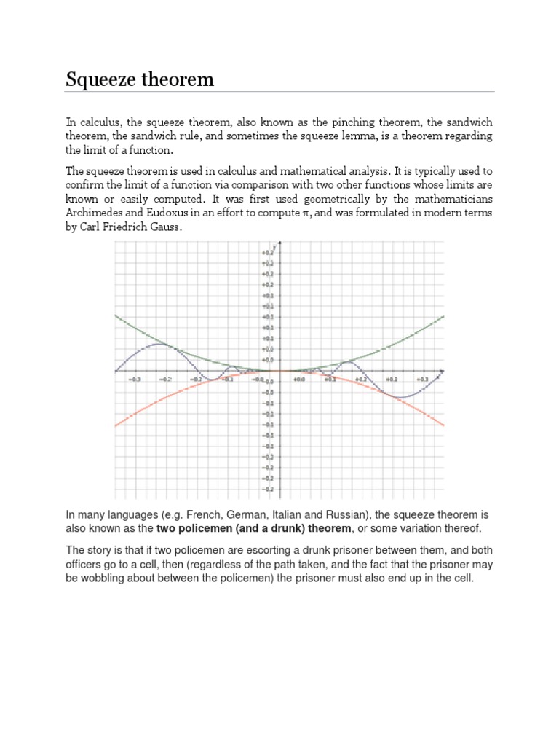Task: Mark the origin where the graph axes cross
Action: (281, 371)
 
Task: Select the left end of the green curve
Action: (116, 315)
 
